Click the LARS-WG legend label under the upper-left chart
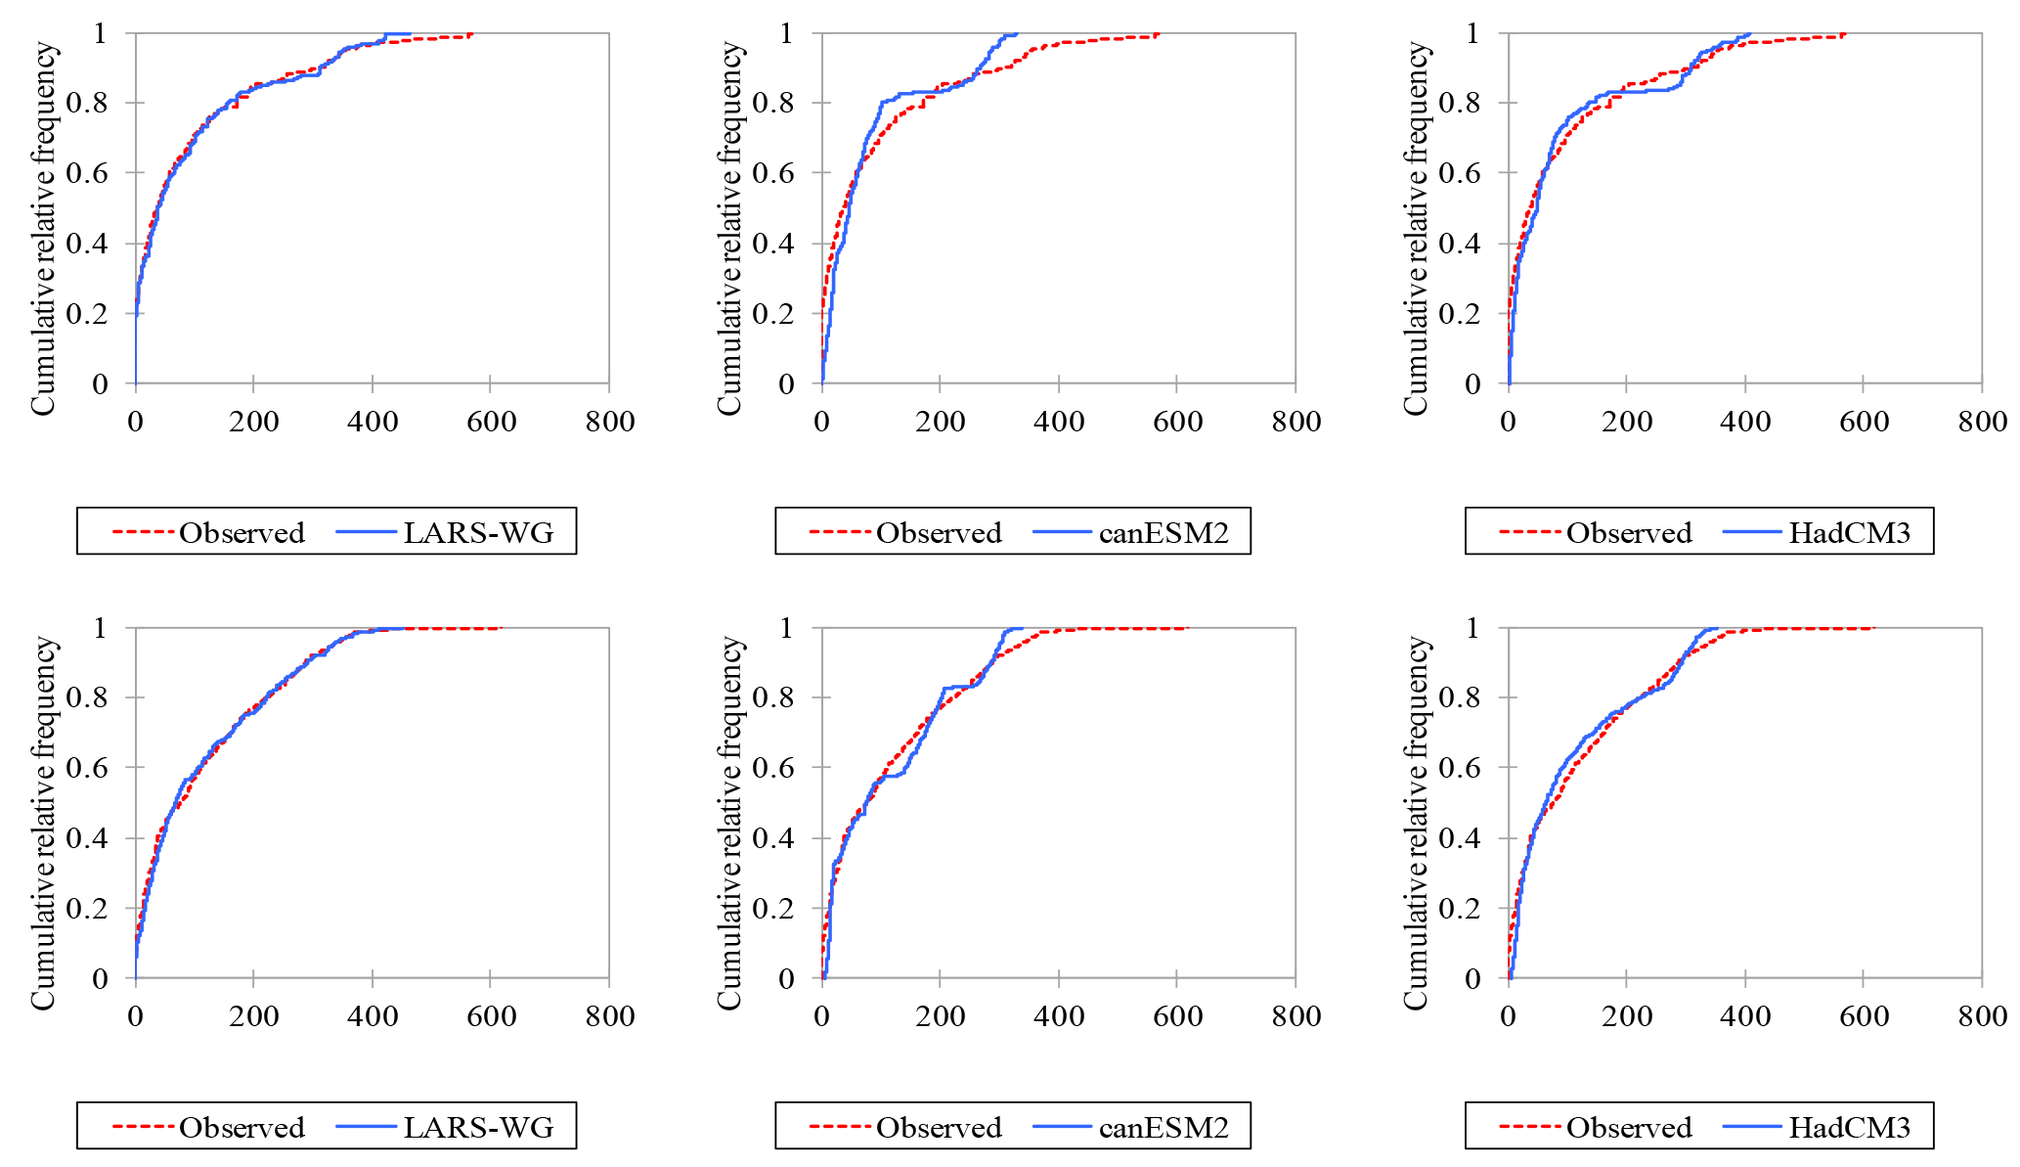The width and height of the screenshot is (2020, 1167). point(478,533)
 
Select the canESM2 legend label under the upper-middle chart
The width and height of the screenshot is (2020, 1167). point(1164,533)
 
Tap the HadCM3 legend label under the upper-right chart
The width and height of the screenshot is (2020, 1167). point(1849,533)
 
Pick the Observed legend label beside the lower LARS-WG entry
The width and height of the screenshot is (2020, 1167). point(242,1128)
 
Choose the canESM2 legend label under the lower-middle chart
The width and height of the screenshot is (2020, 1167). point(1164,1128)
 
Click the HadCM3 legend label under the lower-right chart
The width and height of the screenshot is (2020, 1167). point(1849,1128)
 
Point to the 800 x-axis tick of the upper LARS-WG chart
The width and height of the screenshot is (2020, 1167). point(610,423)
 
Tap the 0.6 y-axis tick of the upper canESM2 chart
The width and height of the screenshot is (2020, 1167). point(773,173)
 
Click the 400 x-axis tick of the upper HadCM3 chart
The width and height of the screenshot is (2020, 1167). point(1745,423)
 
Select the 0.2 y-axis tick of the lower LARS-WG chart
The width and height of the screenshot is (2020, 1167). point(87,908)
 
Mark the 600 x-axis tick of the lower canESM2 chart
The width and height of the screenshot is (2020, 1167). point(1177,1016)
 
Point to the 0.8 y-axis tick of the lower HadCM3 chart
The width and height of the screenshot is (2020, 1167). point(1460,697)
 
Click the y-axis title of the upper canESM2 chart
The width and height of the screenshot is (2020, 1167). point(730,228)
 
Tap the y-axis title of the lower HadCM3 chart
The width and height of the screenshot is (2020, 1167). point(1417,822)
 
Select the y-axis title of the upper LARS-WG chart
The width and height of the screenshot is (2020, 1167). point(44,228)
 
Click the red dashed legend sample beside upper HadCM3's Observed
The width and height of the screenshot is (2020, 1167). point(1529,533)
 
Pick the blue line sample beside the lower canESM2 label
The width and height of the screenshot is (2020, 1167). point(1062,1128)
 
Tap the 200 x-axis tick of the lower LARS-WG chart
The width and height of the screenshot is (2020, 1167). point(254,1016)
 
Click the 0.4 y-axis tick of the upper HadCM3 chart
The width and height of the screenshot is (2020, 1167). point(1460,244)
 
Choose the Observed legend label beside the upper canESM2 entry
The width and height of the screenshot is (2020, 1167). point(939,533)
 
